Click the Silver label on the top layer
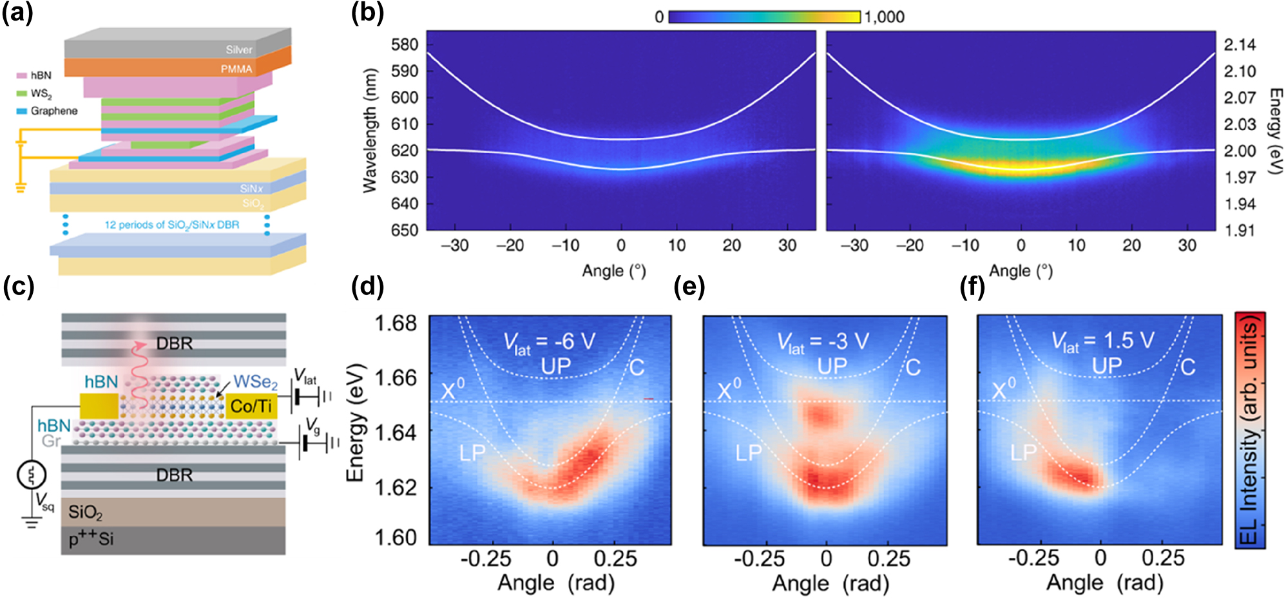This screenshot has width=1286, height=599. (238, 50)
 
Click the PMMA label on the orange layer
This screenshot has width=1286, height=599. (236, 69)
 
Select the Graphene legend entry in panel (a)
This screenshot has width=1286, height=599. (53, 111)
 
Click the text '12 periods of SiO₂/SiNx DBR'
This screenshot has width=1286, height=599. (172, 225)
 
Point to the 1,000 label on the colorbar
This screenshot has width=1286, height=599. (884, 17)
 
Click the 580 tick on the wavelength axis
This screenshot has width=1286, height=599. (405, 45)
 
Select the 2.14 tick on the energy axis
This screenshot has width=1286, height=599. (1240, 45)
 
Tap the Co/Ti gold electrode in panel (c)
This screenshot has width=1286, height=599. (251, 406)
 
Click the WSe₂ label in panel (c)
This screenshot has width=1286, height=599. (255, 382)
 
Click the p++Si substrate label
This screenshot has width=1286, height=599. (91, 538)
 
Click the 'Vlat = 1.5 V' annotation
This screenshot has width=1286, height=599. (1102, 341)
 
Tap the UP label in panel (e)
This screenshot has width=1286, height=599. (832, 366)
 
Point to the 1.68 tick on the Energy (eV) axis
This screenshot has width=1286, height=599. (396, 323)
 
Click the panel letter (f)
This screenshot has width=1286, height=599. (972, 287)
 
